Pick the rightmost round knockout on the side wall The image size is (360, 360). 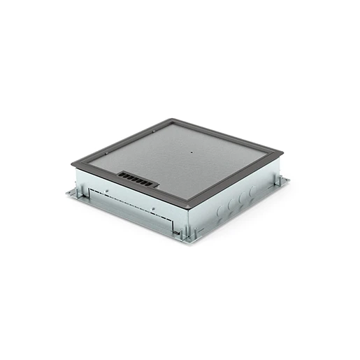[x=252, y=191]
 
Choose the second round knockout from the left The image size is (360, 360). [x=231, y=203]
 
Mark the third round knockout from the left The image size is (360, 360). [x=242, y=197]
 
